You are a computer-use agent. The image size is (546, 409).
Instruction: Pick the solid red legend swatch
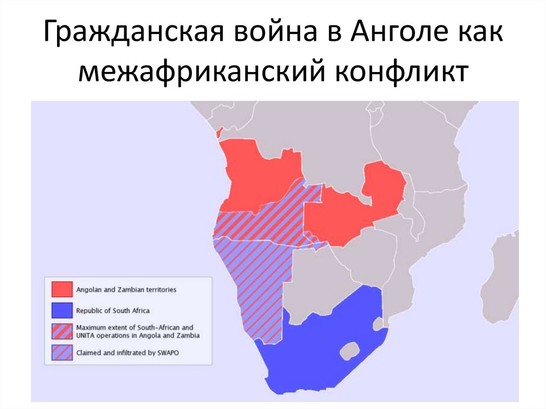[x=61, y=290]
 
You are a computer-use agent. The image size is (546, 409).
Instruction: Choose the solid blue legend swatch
[x=61, y=310]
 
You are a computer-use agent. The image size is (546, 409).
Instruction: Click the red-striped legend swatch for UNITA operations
[x=61, y=331]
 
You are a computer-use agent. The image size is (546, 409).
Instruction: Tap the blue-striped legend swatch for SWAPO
[x=61, y=352]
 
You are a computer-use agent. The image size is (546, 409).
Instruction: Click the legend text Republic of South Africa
[x=113, y=310]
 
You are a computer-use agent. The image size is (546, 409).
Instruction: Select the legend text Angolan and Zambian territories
[x=126, y=290]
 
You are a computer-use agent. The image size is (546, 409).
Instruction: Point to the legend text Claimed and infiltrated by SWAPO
[x=128, y=352]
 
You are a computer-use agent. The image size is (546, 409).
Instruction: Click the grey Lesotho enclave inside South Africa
[x=349, y=351]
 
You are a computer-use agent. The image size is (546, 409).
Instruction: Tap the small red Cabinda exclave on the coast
[x=218, y=133]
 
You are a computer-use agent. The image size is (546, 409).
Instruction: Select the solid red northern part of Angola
[x=256, y=171]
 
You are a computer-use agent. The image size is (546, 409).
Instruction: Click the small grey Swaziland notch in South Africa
[x=378, y=323]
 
